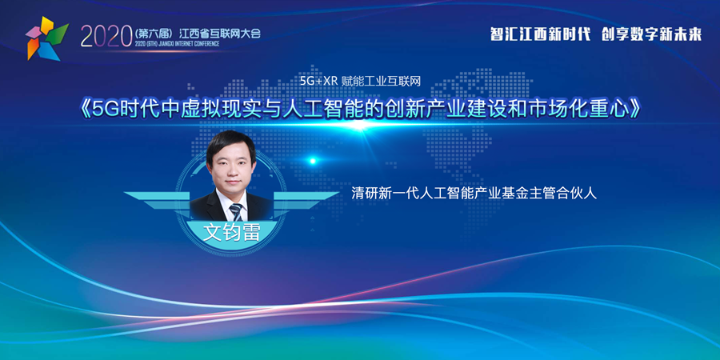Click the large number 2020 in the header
tap(106, 36)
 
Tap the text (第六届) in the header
tap(154, 33)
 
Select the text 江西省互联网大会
tap(220, 33)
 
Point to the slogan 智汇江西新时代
tap(540, 34)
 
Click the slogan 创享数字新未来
tap(651, 34)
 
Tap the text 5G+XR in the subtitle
tap(318, 81)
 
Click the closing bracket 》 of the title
tap(634, 110)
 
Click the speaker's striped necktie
tap(236, 212)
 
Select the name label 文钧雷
tap(231, 232)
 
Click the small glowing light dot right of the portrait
tap(313, 161)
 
